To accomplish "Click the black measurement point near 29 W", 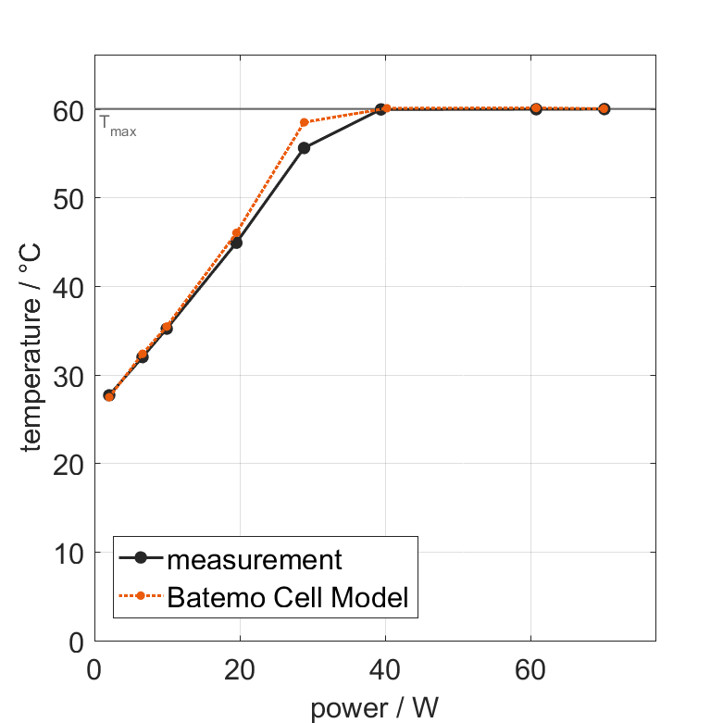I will pyautogui.click(x=304, y=148).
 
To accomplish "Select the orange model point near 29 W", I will pyautogui.click(x=304, y=122).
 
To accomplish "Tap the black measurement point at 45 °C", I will pyautogui.click(x=236, y=243).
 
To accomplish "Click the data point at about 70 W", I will pyautogui.click(x=604, y=108).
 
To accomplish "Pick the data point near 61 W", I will pyautogui.click(x=536, y=108).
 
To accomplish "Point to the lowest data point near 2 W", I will pyautogui.click(x=109, y=395).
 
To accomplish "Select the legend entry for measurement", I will pyautogui.click(x=255, y=560).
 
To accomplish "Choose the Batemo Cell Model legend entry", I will pyautogui.click(x=288, y=597).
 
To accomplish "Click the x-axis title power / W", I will pyautogui.click(x=374, y=709).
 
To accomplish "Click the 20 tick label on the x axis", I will pyautogui.click(x=240, y=669).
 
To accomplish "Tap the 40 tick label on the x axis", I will pyautogui.click(x=385, y=669).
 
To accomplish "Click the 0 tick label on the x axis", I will pyautogui.click(x=94, y=669).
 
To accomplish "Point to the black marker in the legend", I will pyautogui.click(x=141, y=558).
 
